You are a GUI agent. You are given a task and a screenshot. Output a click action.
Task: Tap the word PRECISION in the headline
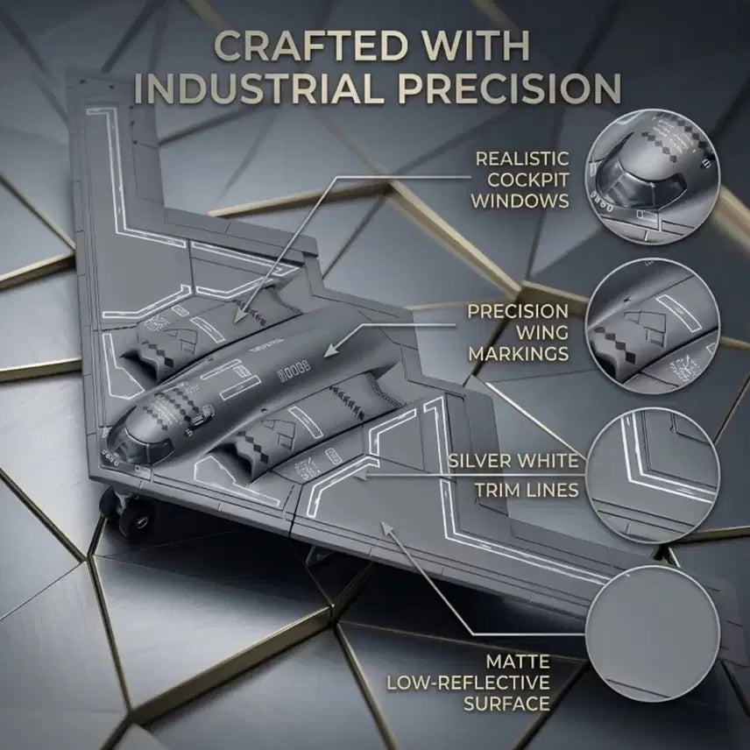[x=510, y=88]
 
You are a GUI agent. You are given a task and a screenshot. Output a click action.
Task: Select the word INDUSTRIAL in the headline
[x=260, y=88]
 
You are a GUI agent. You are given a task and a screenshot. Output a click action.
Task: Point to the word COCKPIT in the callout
[x=528, y=180]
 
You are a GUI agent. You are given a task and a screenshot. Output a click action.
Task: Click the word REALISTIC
[x=522, y=159]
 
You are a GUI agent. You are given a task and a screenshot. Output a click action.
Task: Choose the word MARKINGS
[x=519, y=354]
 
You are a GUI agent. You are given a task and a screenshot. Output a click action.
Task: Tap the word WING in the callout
[x=542, y=333]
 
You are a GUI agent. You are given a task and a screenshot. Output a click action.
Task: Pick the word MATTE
[x=518, y=662]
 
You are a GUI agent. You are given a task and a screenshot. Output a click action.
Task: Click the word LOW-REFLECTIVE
[x=468, y=683]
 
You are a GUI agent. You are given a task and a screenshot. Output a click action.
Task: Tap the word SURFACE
[x=507, y=704]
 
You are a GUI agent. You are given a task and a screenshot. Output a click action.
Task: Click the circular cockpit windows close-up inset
[x=653, y=177]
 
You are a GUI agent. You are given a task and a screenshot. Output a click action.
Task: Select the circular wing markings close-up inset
[x=653, y=326]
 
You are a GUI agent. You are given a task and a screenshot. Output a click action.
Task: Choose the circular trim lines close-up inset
[x=653, y=476]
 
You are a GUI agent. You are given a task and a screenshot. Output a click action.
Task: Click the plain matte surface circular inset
[x=653, y=633]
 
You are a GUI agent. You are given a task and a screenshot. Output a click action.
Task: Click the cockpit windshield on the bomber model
[x=138, y=447]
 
